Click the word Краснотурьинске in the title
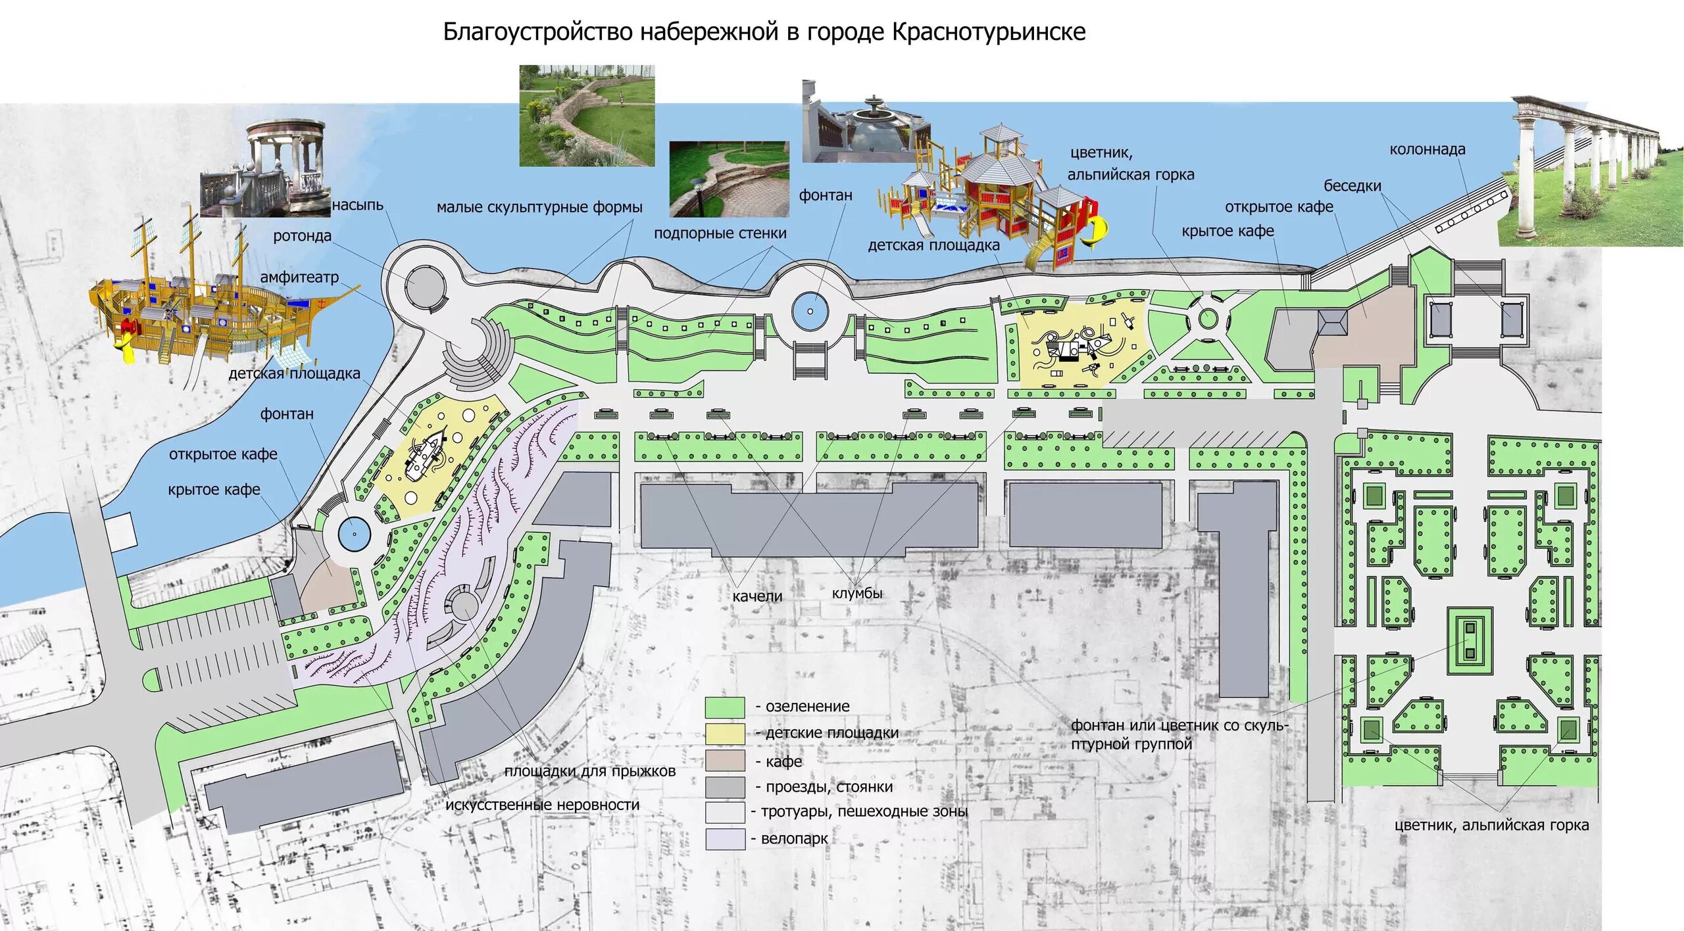(988, 32)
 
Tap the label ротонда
(302, 236)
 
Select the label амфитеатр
(299, 277)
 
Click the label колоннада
(1427, 150)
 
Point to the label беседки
(1352, 186)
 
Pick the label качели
(757, 596)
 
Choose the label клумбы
(856, 594)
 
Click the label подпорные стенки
(720, 233)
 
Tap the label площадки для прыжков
(589, 771)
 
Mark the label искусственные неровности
(542, 805)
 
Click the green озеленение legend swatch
(724, 707)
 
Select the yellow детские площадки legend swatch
(724, 734)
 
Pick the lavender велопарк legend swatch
(724, 839)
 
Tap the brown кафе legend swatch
(724, 761)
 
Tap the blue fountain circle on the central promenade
(810, 312)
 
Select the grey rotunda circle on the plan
(425, 287)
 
